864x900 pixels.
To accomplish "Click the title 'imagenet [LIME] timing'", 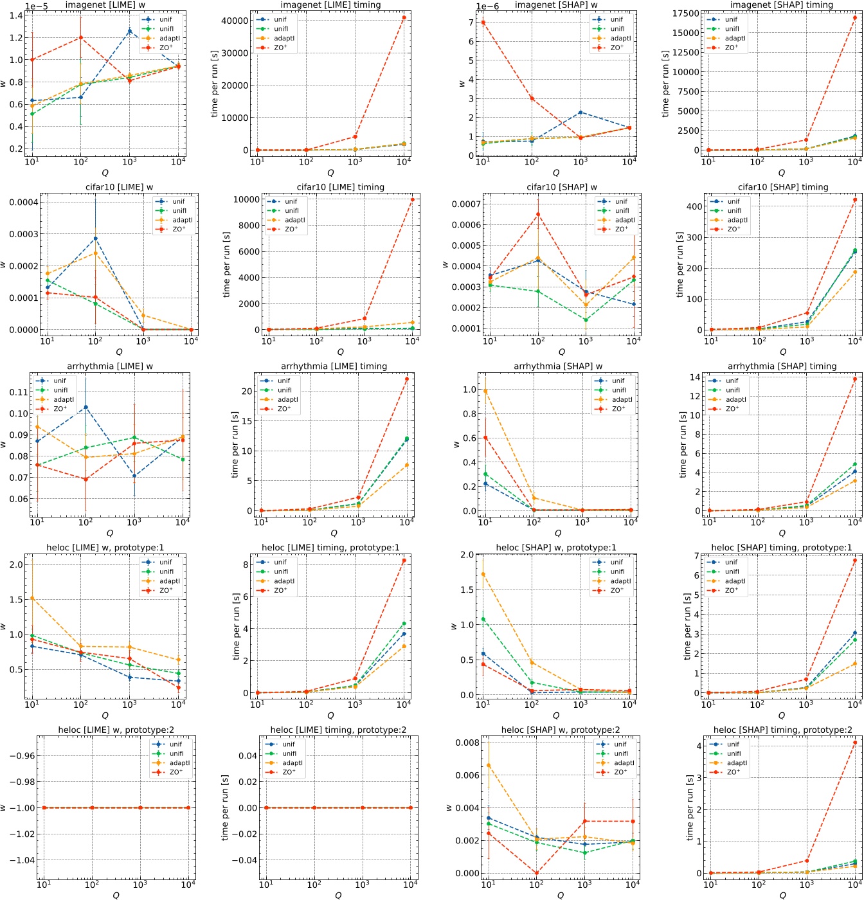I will tap(330, 5).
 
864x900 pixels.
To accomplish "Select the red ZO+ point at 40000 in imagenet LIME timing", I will tap(404, 17).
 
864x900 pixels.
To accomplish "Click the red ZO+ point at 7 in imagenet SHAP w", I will tap(483, 22).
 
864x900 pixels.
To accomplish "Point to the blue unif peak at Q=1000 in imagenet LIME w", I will tap(129, 31).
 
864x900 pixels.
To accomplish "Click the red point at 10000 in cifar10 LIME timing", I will tap(412, 199).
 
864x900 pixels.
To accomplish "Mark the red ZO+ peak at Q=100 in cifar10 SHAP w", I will tap(538, 214).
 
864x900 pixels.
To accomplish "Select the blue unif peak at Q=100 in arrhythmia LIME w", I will tap(85, 407).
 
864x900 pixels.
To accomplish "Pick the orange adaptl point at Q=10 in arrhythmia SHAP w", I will tap(485, 391).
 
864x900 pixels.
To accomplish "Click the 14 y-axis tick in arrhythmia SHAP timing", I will tap(695, 377).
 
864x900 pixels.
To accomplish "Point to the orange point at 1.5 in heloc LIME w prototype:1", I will tap(32, 598).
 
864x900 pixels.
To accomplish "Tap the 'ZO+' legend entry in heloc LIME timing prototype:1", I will tap(280, 590).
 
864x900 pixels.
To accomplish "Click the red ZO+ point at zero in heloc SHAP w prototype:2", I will tap(537, 873).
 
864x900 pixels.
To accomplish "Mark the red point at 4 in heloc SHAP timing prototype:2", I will tap(854, 742).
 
